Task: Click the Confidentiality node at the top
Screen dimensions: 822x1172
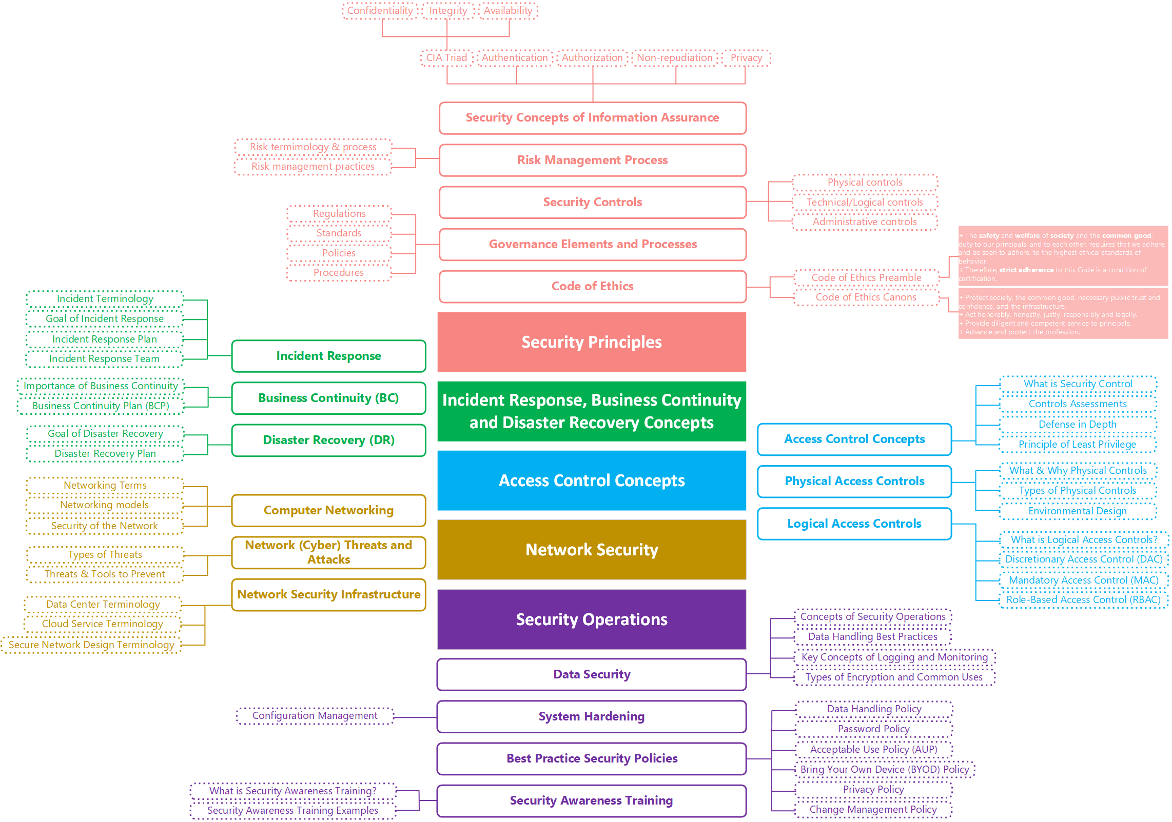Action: pyautogui.click(x=380, y=11)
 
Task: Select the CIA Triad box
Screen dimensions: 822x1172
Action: pyautogui.click(x=446, y=58)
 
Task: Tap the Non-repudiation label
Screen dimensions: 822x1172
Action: pyautogui.click(x=674, y=58)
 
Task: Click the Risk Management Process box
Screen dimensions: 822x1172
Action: pyautogui.click(x=592, y=160)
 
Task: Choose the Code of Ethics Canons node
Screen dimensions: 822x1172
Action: pyautogui.click(x=866, y=297)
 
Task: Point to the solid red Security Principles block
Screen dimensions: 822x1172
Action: pyautogui.click(x=592, y=342)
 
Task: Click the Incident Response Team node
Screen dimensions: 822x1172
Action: pyautogui.click(x=104, y=359)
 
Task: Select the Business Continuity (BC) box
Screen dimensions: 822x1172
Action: pyautogui.click(x=328, y=398)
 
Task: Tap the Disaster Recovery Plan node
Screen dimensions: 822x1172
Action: pyautogui.click(x=105, y=454)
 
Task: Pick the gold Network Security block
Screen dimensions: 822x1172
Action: pyautogui.click(x=592, y=550)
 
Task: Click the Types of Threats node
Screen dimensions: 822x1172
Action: pyautogui.click(x=105, y=555)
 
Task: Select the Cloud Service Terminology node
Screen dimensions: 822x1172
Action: pyautogui.click(x=103, y=624)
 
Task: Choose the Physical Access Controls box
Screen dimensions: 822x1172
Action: pyautogui.click(x=854, y=481)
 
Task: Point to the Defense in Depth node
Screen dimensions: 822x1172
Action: pyautogui.click(x=1077, y=425)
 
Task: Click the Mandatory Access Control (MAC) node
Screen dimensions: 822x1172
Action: pyautogui.click(x=1083, y=580)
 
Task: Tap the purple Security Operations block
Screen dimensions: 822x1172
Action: pyautogui.click(x=592, y=619)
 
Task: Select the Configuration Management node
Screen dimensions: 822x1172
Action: pyautogui.click(x=315, y=716)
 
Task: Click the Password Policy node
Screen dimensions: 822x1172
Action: pyautogui.click(x=873, y=729)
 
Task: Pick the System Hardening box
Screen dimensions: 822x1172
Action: pyautogui.click(x=592, y=716)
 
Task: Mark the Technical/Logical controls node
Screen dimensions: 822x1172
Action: pyautogui.click(x=865, y=203)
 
